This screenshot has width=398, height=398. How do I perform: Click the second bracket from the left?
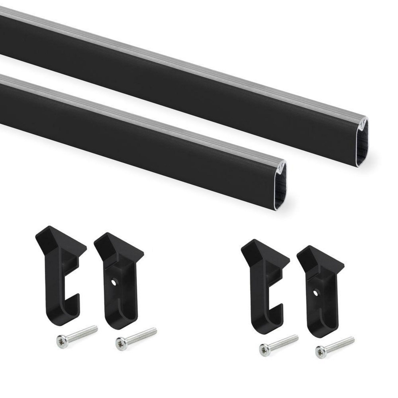(114, 275)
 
